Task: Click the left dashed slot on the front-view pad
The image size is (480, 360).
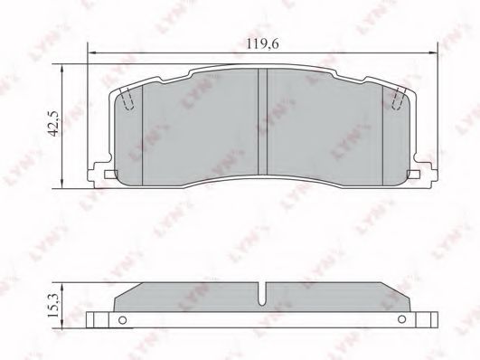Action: coord(127,99)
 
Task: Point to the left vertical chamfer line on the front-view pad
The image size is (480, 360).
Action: coord(143,127)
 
